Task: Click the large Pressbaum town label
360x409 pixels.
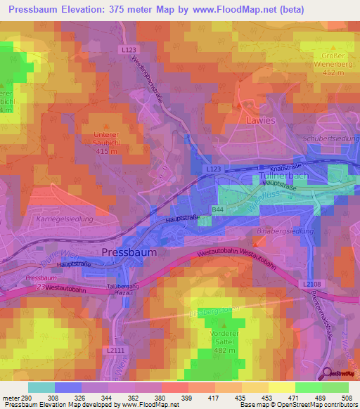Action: coord(129,252)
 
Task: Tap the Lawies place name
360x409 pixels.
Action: coord(261,120)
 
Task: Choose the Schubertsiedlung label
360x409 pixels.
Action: coord(330,138)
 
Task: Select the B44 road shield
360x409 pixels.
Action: coord(219,210)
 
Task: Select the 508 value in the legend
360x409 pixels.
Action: coord(349,398)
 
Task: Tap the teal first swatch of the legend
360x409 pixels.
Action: coord(41,387)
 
